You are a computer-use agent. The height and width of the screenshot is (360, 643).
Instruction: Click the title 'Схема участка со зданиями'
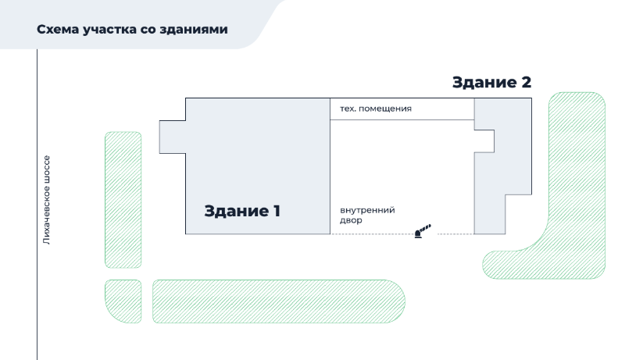pyautogui.click(x=132, y=30)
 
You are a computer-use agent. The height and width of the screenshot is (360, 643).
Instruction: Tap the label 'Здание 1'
pyautogui.click(x=242, y=211)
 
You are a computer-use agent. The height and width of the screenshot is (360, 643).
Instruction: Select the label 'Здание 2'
pyautogui.click(x=491, y=83)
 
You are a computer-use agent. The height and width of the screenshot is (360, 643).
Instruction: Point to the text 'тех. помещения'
pyautogui.click(x=376, y=109)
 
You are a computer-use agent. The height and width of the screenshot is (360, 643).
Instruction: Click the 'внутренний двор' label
pyautogui.click(x=367, y=215)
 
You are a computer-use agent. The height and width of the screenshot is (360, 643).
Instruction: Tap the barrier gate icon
pyautogui.click(x=423, y=231)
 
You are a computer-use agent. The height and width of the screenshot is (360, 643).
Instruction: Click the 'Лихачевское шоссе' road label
pyautogui.click(x=46, y=200)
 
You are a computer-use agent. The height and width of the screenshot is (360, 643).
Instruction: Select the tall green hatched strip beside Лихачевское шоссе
pyautogui.click(x=123, y=200)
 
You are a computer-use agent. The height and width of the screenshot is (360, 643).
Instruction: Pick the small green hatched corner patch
pyautogui.click(x=123, y=301)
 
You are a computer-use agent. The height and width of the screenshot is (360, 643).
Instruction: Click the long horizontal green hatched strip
pyautogui.click(x=279, y=301)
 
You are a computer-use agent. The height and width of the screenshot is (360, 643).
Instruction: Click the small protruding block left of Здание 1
pyautogui.click(x=172, y=137)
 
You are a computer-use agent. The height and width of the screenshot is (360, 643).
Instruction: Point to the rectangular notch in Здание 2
pyautogui.click(x=484, y=141)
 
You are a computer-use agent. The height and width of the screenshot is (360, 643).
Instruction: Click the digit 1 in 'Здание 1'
pyautogui.click(x=277, y=211)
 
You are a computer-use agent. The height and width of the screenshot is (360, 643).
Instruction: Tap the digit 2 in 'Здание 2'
pyautogui.click(x=526, y=83)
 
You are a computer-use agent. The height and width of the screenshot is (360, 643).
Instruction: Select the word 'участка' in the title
pyautogui.click(x=109, y=30)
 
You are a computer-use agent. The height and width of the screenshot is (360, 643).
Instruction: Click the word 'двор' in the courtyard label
pyautogui.click(x=351, y=220)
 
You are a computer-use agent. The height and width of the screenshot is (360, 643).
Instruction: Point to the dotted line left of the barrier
pyautogui.click(x=373, y=234)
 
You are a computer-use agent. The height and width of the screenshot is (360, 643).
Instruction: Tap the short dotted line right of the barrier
pyautogui.click(x=455, y=234)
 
